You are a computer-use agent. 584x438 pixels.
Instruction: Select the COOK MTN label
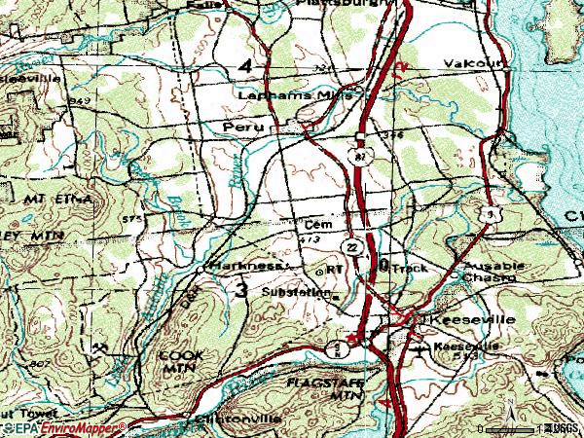click(179, 363)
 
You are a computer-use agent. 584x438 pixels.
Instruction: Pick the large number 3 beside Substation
click(239, 290)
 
